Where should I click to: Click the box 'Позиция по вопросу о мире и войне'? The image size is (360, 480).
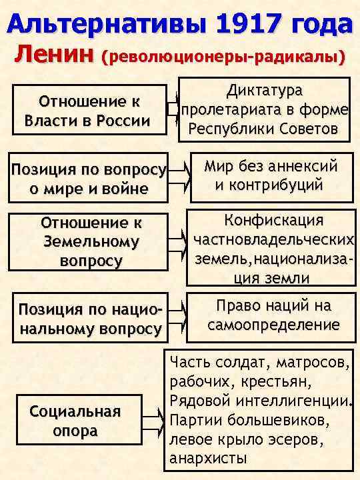click(88, 179)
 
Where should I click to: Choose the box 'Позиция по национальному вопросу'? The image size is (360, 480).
click(90, 319)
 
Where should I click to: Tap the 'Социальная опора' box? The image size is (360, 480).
click(75, 421)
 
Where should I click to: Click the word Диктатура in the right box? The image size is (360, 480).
click(265, 89)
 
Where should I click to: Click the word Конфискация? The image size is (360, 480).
click(274, 221)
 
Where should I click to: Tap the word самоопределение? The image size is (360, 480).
click(273, 325)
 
